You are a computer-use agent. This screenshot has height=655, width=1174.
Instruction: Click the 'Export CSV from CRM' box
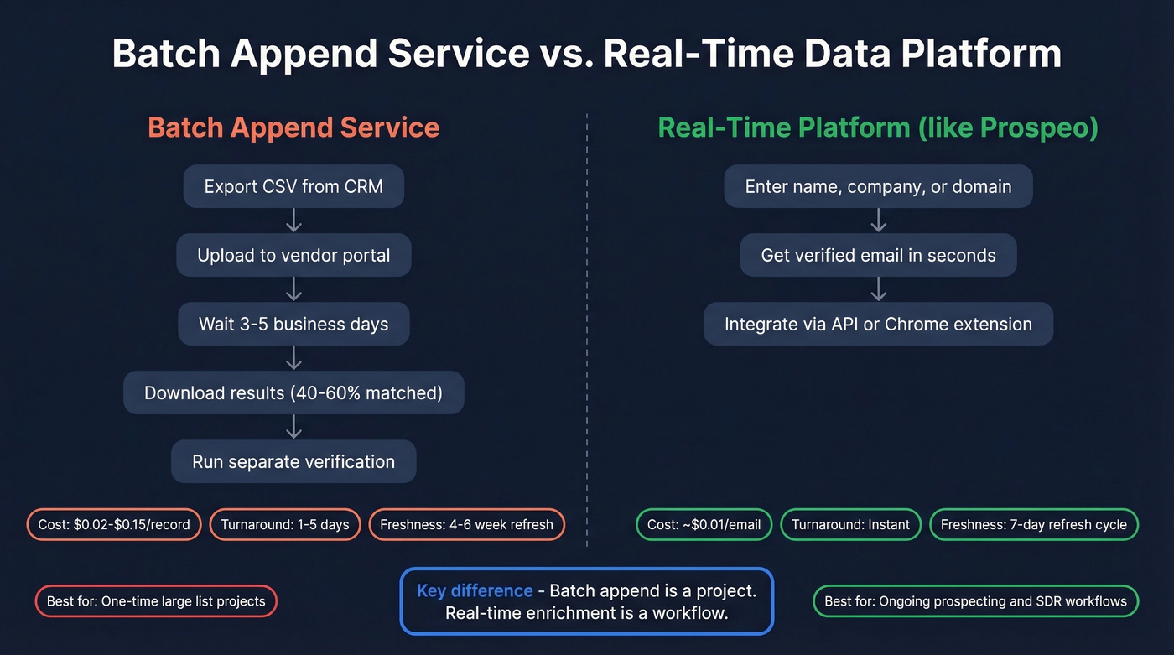pos(293,186)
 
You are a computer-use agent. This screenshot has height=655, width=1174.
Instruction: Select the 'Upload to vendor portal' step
pos(293,255)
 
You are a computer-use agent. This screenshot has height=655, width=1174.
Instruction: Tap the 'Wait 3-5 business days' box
pos(293,324)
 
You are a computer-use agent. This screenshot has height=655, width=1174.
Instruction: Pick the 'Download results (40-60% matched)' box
pos(293,392)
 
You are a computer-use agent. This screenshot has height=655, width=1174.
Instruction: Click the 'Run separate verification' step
pos(293,461)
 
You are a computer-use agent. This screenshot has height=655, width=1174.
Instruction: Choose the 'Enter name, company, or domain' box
pos(878,186)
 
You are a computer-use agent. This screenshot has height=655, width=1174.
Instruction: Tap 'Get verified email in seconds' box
pos(878,255)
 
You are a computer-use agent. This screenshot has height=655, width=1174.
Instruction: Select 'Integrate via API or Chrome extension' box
pos(878,324)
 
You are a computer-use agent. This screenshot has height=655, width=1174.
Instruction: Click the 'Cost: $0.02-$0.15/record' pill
pos(114,525)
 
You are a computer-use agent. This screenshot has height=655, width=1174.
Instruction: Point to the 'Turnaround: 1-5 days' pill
pos(285,525)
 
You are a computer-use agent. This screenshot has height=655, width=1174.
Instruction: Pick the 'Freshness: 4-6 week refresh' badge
pos(466,525)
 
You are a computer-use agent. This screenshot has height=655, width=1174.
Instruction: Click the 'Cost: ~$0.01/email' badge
pos(704,525)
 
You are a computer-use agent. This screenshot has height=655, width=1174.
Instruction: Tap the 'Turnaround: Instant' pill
pos(850,525)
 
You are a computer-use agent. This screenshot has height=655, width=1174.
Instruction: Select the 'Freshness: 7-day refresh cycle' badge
pos(1034,525)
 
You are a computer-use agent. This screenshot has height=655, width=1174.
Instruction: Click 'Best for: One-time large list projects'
pos(156,601)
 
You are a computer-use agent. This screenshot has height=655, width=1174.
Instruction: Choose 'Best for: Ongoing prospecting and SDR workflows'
pos(976,601)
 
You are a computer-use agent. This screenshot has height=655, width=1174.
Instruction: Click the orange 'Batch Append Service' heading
pos(293,127)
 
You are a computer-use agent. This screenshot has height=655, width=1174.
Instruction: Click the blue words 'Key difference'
pos(475,590)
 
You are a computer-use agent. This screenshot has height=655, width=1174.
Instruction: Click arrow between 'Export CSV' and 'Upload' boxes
pos(293,221)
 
